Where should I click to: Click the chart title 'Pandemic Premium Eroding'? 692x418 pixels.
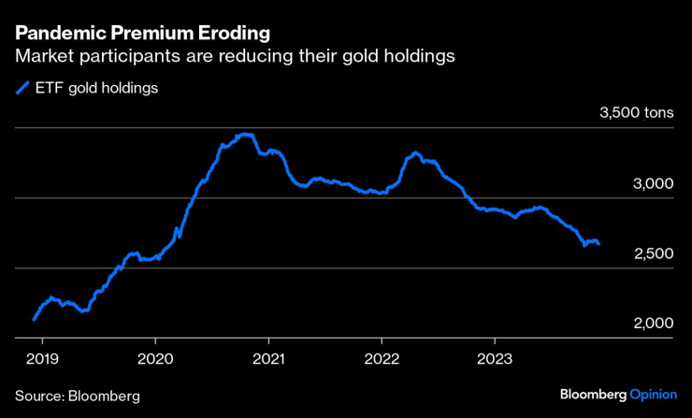pos(143,34)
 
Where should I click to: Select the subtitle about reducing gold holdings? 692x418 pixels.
pos(235,57)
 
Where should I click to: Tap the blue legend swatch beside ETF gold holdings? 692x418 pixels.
pos(22,90)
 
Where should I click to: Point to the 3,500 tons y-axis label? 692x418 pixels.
pos(635,114)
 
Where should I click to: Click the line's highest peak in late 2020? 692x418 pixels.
pos(245,135)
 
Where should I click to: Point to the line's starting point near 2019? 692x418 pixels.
pos(34,320)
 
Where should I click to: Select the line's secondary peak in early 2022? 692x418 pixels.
pos(415,152)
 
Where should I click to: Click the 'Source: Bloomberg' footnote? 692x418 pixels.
pos(78,396)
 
